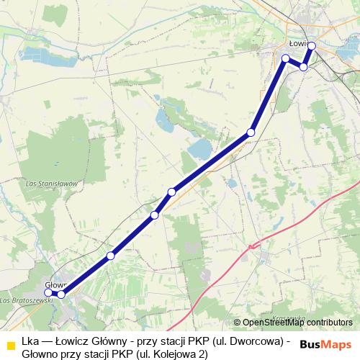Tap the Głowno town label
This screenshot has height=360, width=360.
[55, 284]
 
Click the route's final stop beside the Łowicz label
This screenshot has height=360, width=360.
[312, 45]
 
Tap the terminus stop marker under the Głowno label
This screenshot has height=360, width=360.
[48, 293]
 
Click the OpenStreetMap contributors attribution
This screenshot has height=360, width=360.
[297, 323]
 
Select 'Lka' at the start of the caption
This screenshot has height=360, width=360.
[30, 341]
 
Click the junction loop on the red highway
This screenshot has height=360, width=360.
[251, 247]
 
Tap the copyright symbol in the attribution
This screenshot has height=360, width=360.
[237, 323]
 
